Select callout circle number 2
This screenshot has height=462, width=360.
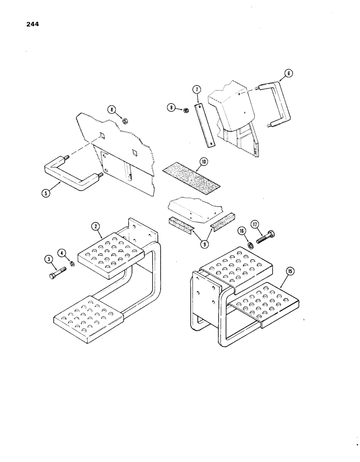pyautogui.click(x=96, y=226)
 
